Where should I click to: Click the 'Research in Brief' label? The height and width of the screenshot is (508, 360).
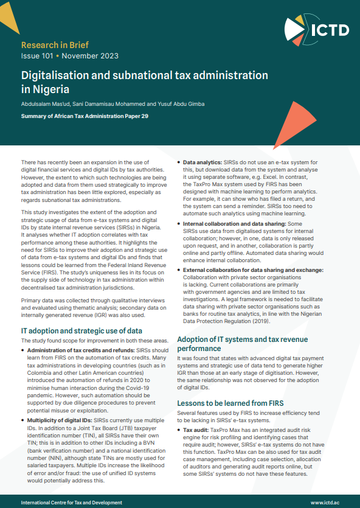[x=54, y=45]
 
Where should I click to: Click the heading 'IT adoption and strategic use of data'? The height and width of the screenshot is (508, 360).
[x=81, y=330]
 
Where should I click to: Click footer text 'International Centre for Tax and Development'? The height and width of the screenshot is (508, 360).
[x=71, y=503]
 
